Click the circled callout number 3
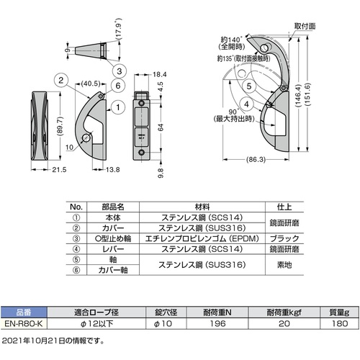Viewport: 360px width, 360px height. [x=120, y=71]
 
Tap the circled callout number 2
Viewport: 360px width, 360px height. [x=61, y=80]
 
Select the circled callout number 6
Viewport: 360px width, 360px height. [x=118, y=86]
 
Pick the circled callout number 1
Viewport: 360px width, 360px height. [x=118, y=107]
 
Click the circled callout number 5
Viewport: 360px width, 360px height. [x=249, y=86]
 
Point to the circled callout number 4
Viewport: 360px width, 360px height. [x=247, y=104]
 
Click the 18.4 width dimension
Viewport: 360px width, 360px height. [x=160, y=75]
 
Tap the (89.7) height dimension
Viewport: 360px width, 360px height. [x=60, y=125]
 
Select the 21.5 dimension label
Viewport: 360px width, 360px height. [x=59, y=170]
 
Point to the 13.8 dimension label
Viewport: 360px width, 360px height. [x=113, y=170]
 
